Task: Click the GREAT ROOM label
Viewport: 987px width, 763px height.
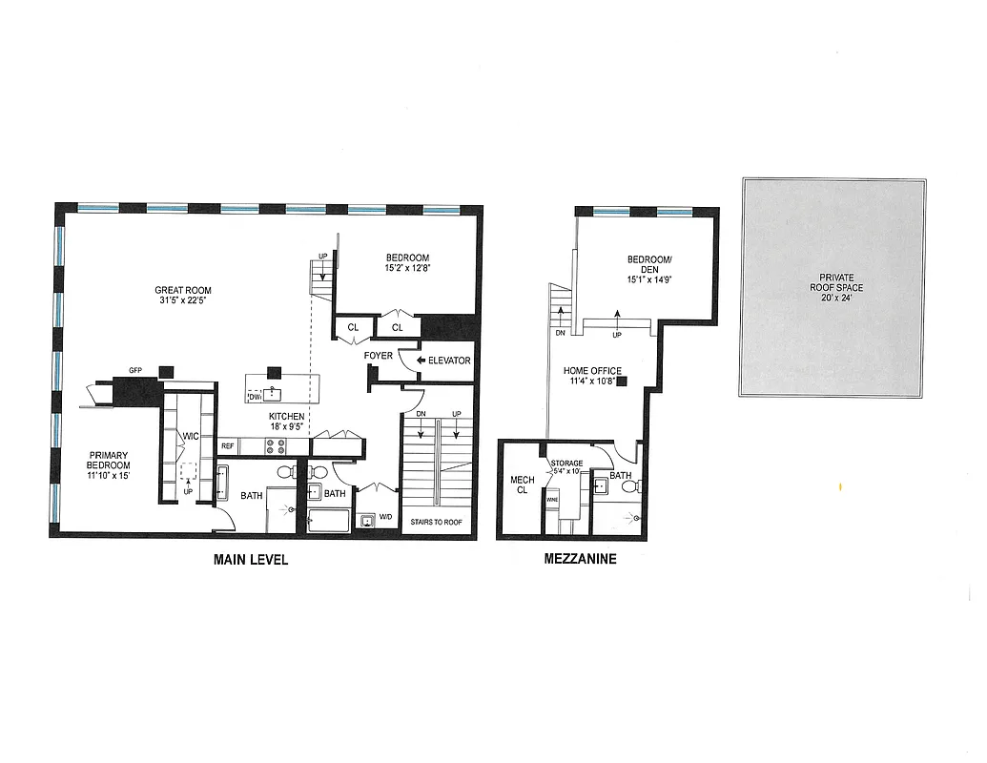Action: [x=183, y=291]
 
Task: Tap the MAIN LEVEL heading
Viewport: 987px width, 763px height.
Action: [x=251, y=560]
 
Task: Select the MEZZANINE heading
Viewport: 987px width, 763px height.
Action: [x=580, y=560]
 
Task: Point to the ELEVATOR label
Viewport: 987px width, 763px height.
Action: [x=449, y=361]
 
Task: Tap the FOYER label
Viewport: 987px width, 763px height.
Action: [x=379, y=356]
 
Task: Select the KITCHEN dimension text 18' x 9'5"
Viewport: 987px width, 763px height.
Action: [x=286, y=428]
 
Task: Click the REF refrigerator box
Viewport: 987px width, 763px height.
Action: [x=228, y=445]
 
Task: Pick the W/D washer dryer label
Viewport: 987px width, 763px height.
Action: [x=385, y=518]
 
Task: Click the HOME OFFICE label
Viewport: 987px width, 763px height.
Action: [x=592, y=371]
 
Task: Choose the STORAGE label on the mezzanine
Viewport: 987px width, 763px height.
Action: [x=566, y=464]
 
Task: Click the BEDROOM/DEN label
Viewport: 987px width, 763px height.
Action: [x=651, y=264]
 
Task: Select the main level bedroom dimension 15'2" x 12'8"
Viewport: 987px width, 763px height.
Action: [x=407, y=269]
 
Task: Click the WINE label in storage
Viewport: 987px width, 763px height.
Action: [x=552, y=499]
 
